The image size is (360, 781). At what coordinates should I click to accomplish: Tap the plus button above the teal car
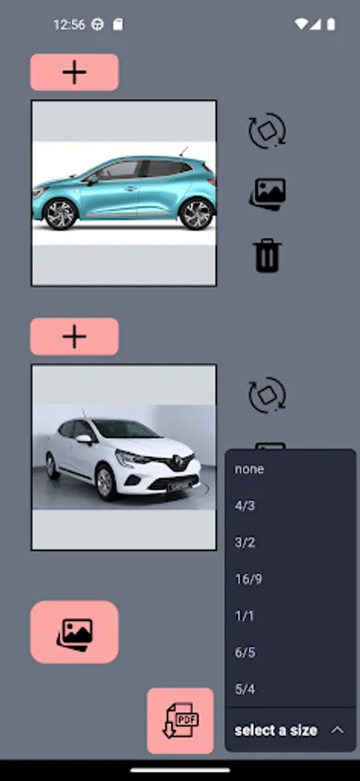point(75,72)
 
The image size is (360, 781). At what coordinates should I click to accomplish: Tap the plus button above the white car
point(75,336)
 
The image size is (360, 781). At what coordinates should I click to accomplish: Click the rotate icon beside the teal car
point(267,130)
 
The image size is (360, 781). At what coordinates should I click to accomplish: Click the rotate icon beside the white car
point(267,395)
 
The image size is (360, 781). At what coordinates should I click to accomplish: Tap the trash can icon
point(268,255)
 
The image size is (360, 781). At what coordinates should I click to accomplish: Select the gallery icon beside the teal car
point(268,194)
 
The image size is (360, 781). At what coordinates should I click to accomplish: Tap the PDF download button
point(180,721)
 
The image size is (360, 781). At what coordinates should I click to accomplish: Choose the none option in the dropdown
point(250,469)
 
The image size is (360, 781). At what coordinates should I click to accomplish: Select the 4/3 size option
point(245,506)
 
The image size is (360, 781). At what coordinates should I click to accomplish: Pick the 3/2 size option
point(245,542)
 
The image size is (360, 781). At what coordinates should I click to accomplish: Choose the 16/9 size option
point(248,580)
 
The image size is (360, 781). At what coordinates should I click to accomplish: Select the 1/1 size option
point(244,616)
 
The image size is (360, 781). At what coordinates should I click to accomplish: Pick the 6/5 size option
point(245,653)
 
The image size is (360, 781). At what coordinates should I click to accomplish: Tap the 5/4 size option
point(245,689)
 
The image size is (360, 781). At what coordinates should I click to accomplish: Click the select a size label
point(276,730)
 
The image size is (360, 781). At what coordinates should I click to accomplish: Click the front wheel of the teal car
point(60,213)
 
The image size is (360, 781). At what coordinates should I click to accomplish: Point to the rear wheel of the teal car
point(195,213)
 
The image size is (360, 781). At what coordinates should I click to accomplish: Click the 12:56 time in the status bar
point(69,24)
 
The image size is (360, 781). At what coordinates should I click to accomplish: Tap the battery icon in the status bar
point(331,24)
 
